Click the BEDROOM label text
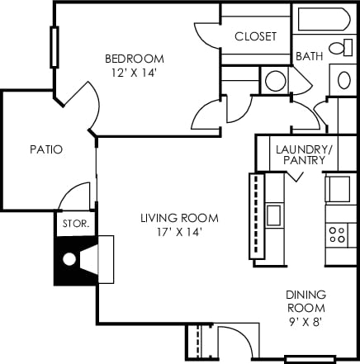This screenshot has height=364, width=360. pyautogui.click(x=134, y=59)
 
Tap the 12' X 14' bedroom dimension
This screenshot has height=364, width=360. pyautogui.click(x=134, y=72)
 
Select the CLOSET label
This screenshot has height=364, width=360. pyautogui.click(x=255, y=36)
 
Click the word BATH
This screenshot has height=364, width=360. pyautogui.click(x=309, y=56)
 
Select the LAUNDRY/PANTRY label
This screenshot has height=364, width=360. pyautogui.click(x=305, y=154)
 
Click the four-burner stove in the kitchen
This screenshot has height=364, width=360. pyautogui.click(x=337, y=233)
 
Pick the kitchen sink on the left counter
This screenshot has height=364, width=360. pyautogui.click(x=273, y=215)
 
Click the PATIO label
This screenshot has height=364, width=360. pyautogui.click(x=46, y=149)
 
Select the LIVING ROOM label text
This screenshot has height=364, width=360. pyautogui.click(x=178, y=218)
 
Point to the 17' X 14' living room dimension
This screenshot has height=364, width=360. pyautogui.click(x=178, y=232)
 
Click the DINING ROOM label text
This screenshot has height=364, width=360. pyautogui.click(x=306, y=300)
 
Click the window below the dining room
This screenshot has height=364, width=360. pyautogui.click(x=310, y=359)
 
